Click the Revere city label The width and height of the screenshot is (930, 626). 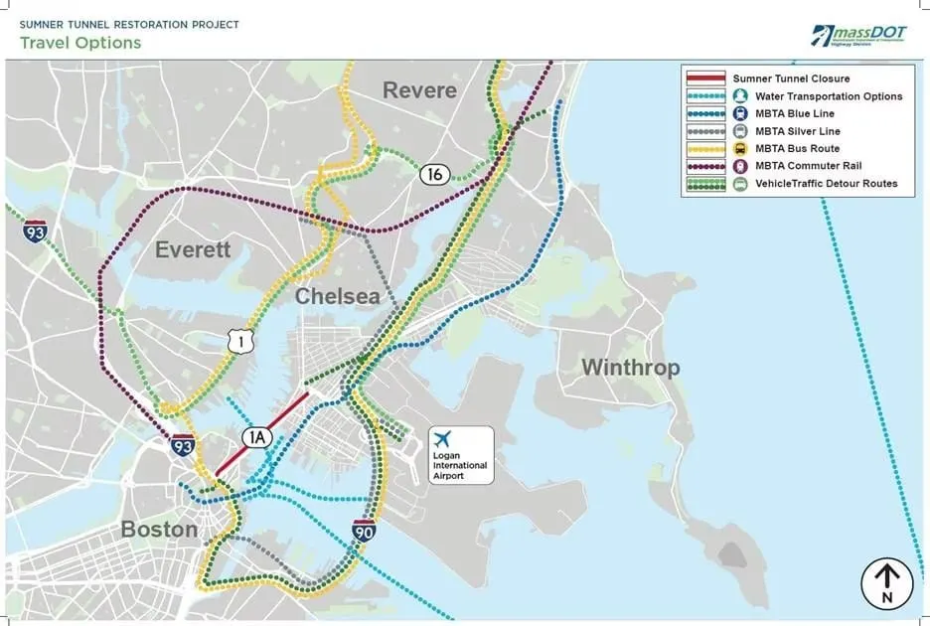coord(419,90)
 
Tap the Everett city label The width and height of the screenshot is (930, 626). coord(192,249)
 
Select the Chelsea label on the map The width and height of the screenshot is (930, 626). coord(338,296)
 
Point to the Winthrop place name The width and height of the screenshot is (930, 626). coord(630,368)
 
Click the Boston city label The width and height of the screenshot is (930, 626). coord(159,529)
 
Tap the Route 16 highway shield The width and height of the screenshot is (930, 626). coord(432,174)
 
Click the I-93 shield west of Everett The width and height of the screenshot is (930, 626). coord(36,232)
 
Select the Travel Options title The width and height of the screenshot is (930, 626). coord(80,43)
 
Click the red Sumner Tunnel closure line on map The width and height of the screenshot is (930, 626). coord(263,433)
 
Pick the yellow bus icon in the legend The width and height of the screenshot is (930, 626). coord(740,149)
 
